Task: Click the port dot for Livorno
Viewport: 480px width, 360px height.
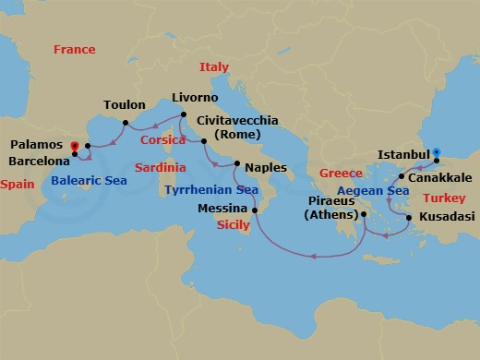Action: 179,115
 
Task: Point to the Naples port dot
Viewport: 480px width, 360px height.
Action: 237,164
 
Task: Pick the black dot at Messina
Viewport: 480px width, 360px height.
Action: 256,210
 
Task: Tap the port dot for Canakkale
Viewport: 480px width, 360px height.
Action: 401,176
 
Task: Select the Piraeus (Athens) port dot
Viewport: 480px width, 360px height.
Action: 365,214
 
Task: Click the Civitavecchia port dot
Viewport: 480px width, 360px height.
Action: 204,141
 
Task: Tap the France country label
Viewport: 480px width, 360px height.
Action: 75,49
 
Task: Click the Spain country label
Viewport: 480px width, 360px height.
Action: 17,185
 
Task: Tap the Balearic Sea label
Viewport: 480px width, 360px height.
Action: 89,181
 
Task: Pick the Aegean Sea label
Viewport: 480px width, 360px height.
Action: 372,191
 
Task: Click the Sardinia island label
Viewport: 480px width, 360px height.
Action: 160,168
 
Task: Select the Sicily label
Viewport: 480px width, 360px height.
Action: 233,224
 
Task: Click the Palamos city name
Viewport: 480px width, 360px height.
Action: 37,145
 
